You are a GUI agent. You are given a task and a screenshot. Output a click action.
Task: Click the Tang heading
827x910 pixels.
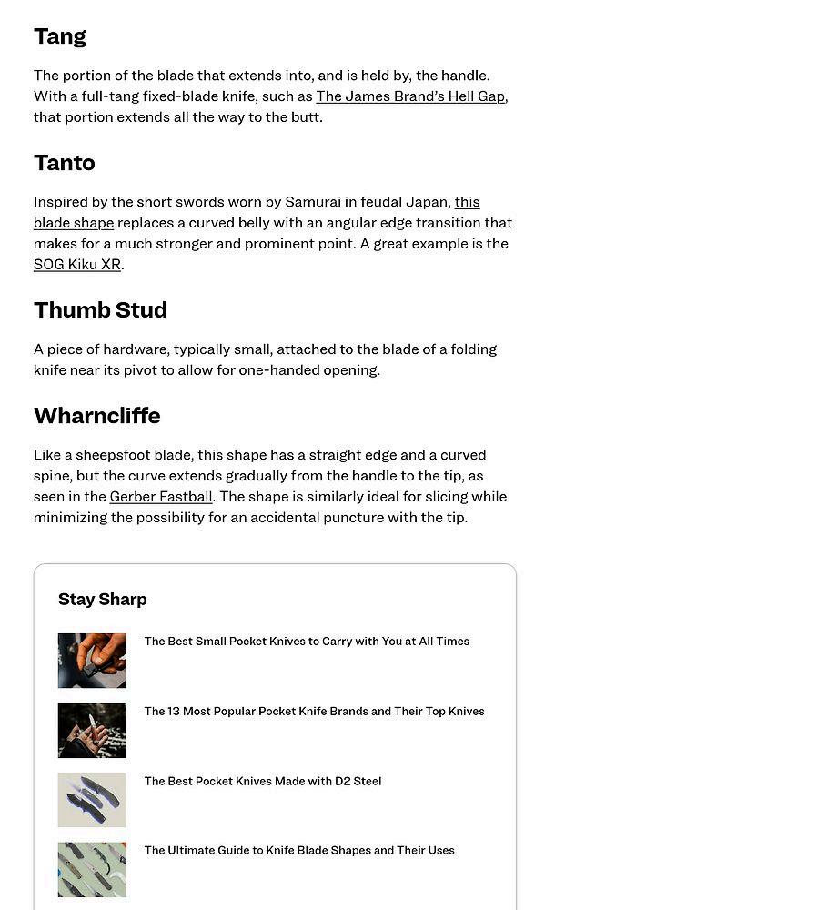pos(60,36)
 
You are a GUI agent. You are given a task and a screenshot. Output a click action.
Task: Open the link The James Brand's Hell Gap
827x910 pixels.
pos(410,96)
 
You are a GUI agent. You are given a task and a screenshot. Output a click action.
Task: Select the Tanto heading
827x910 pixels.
pos(65,163)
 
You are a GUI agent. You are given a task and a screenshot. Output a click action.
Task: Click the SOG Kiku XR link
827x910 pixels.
pos(77,265)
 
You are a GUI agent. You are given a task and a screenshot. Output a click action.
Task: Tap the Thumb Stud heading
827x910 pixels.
pos(100,310)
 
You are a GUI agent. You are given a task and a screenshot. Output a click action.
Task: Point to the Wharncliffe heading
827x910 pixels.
pos(97,416)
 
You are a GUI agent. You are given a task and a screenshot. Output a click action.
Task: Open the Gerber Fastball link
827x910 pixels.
pos(161,497)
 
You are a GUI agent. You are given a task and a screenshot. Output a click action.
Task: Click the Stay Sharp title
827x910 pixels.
pos(103,600)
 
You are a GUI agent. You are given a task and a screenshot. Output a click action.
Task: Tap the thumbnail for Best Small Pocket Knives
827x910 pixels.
pos(92,661)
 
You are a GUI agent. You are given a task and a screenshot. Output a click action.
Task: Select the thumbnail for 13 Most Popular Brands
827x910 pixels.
pos(92,731)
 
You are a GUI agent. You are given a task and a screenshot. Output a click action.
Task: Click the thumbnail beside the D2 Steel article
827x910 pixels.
pos(92,800)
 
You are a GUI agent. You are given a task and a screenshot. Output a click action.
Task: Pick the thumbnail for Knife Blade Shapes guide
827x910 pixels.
pos(92,870)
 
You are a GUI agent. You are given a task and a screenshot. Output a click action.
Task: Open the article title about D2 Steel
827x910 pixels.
pos(263,782)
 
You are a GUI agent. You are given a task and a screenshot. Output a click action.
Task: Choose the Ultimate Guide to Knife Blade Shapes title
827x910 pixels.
pos(299,851)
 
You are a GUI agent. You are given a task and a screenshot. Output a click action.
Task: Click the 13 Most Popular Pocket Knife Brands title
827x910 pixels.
pos(314,712)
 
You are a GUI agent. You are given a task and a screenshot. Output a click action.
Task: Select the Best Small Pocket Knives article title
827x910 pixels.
pos(307,642)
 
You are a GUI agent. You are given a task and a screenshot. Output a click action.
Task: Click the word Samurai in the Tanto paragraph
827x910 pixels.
pos(312,202)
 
